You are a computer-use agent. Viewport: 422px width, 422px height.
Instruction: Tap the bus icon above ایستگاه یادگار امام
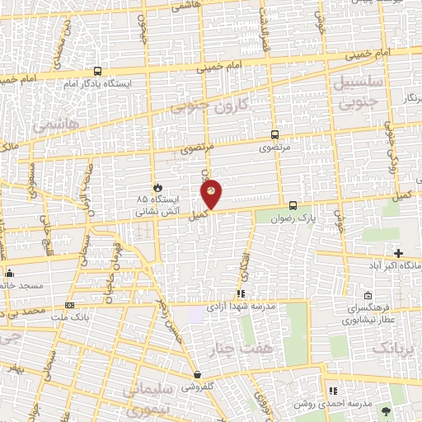98,71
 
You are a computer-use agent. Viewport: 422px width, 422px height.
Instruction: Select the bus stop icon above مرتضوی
274,134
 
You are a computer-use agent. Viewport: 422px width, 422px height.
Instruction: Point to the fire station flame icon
157,187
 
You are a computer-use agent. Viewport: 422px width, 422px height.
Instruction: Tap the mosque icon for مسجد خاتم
9,273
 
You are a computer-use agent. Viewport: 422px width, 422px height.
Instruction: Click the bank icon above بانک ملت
68,305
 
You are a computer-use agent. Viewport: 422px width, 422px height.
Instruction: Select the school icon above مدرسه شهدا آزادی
241,293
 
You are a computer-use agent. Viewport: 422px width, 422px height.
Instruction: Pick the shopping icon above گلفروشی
196,374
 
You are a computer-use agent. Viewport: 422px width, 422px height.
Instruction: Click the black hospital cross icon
399,253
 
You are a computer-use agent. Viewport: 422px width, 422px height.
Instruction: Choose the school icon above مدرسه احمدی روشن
333,391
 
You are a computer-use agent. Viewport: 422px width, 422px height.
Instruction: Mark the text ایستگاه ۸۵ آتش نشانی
153,205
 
